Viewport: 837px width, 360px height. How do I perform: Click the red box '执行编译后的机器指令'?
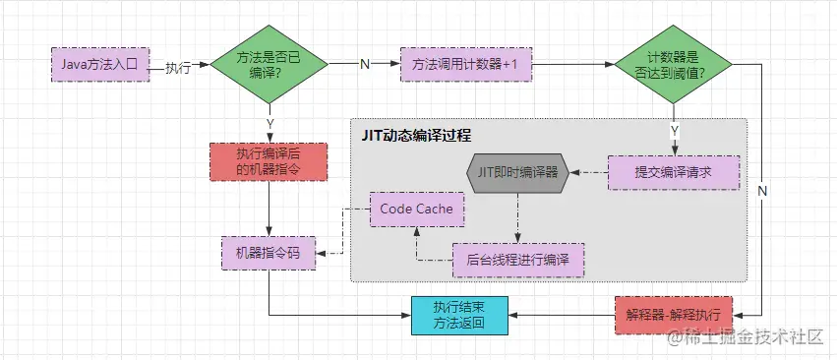pyautogui.click(x=269, y=161)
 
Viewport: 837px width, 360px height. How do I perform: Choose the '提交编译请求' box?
pyautogui.click(x=673, y=172)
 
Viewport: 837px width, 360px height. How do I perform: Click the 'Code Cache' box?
pyautogui.click(x=416, y=210)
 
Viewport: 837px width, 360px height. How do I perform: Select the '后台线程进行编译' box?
pyautogui.click(x=517, y=260)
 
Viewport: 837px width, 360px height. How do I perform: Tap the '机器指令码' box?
pyautogui.click(x=269, y=252)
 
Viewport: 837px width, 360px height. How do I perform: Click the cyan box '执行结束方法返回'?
pyautogui.click(x=459, y=315)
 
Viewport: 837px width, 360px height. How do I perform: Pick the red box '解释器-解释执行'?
pyautogui.click(x=673, y=315)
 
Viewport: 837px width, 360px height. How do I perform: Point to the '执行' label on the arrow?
pyautogui.click(x=178, y=66)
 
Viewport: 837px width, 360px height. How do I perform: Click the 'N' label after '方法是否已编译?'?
pyautogui.click(x=365, y=65)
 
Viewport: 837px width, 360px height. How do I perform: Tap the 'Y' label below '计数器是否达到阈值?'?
pyautogui.click(x=674, y=130)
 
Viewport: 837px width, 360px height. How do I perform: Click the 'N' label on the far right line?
pyautogui.click(x=762, y=190)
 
